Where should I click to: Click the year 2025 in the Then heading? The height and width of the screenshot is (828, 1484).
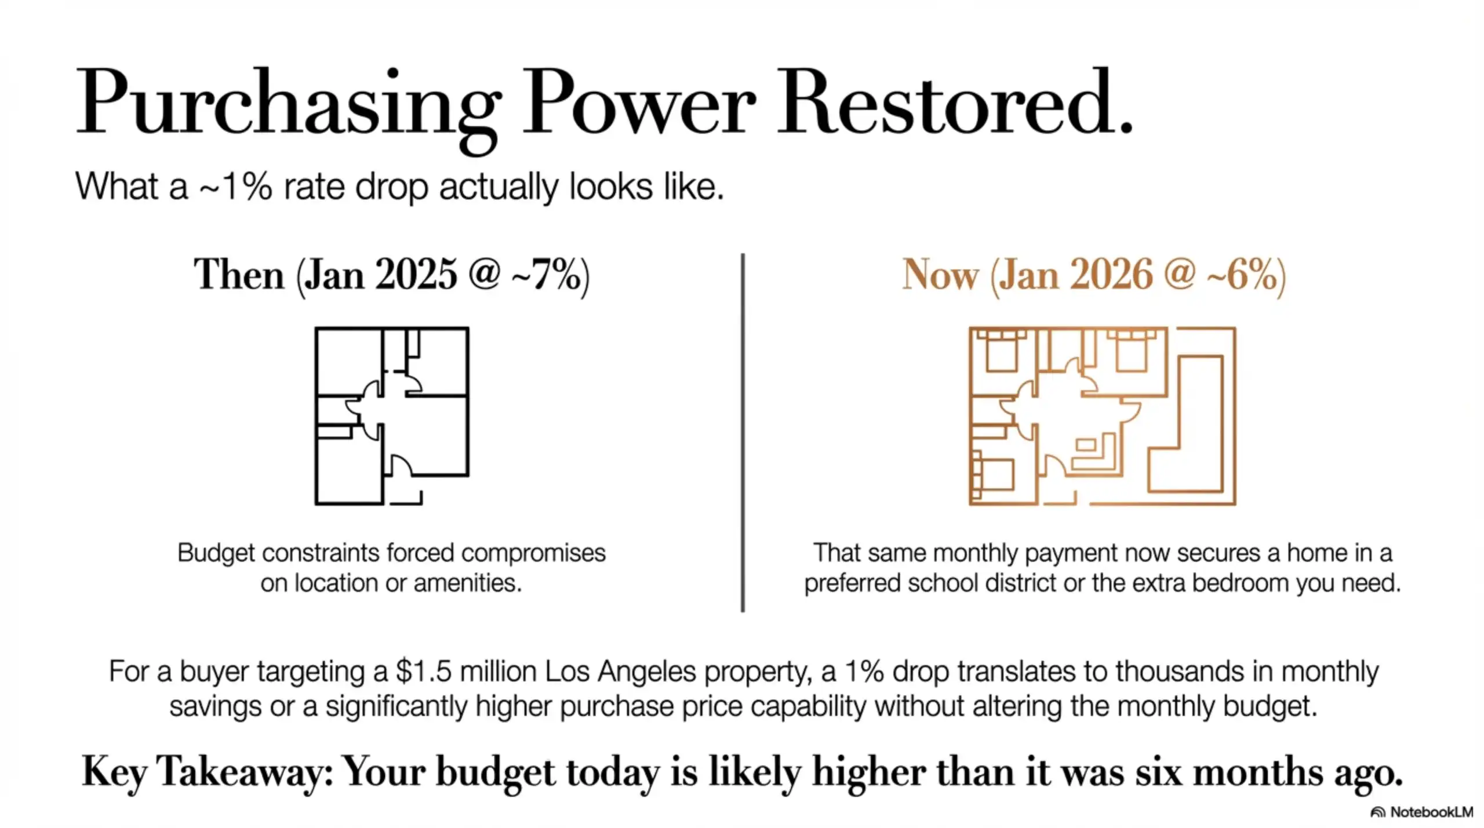416,275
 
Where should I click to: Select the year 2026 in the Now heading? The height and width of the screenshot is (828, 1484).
1111,275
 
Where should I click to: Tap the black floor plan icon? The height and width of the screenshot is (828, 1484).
392,415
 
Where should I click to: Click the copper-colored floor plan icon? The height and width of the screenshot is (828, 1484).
1102,415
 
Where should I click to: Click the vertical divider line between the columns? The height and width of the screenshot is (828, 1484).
743,432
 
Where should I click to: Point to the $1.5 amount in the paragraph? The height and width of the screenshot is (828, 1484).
423,672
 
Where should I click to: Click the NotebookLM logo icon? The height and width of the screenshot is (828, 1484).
1377,812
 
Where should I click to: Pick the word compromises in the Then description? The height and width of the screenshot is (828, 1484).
533,553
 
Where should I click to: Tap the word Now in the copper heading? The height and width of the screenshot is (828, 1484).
940,275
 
